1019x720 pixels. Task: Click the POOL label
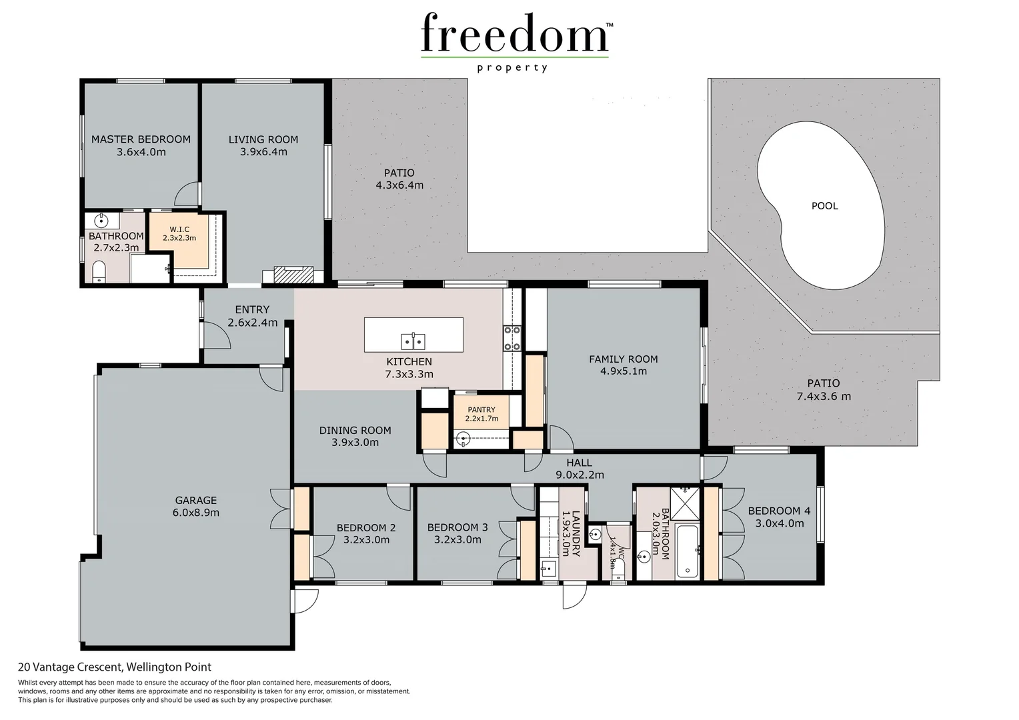pos(824,206)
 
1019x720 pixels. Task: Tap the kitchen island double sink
pos(413,341)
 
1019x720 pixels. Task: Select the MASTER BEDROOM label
pos(141,139)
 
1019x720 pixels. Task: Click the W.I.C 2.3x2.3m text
pos(179,233)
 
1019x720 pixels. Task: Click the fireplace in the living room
pos(294,275)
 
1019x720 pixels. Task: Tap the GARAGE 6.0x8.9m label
pos(195,506)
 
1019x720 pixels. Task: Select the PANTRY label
pos(481,410)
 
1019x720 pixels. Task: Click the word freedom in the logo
pos(514,33)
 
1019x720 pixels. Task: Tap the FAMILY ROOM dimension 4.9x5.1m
pos(623,371)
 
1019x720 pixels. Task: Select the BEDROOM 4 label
pos(778,511)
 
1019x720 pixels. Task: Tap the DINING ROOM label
pos(355,431)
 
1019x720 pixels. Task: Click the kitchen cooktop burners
pos(512,338)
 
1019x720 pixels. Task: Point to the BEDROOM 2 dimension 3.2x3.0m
pos(366,540)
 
